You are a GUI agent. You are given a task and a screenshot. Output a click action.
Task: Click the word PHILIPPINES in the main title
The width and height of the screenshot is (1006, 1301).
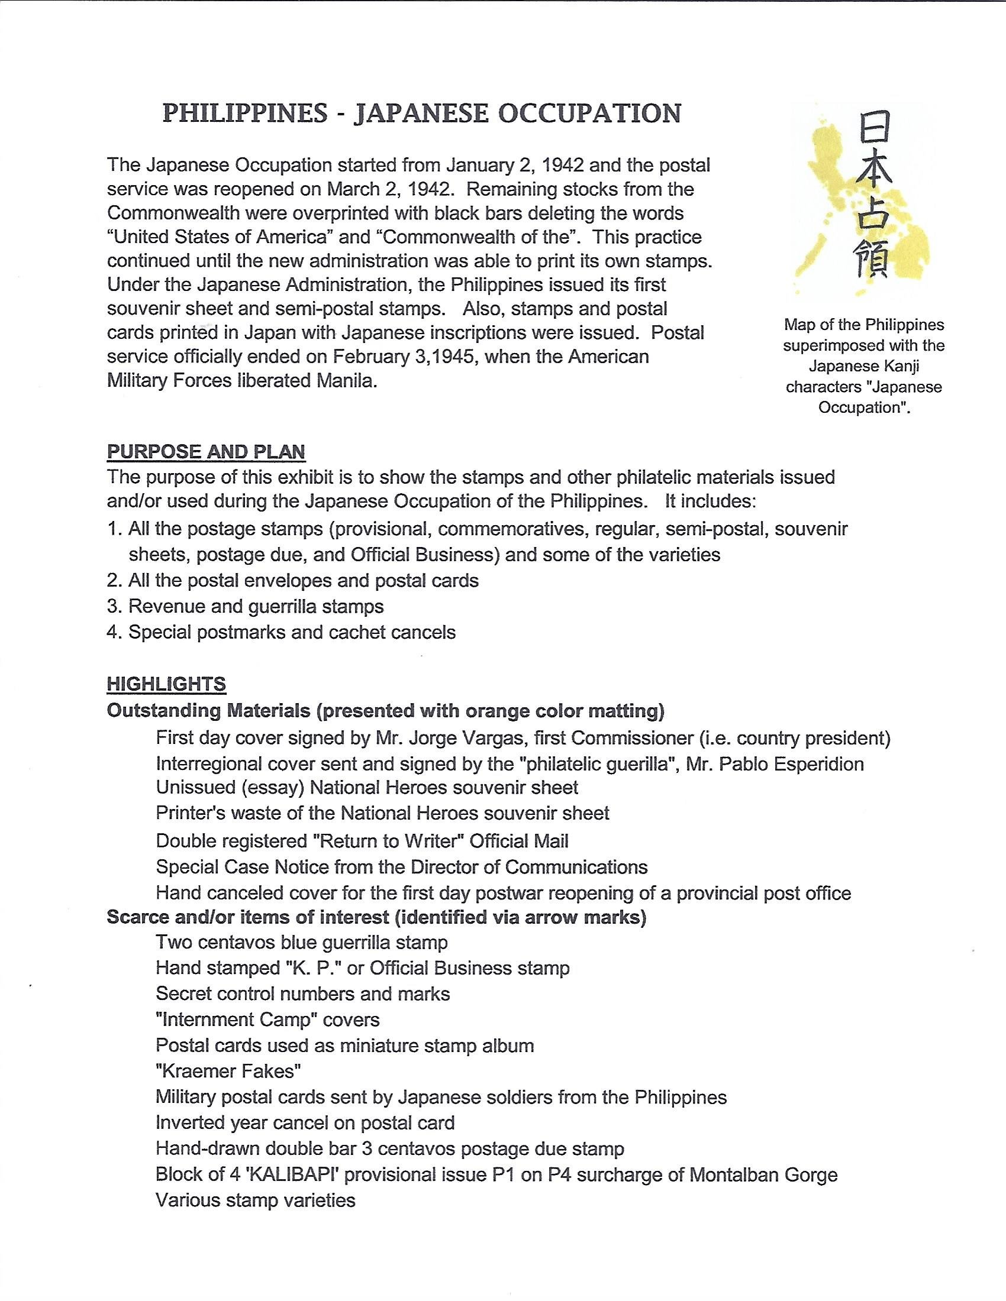(244, 113)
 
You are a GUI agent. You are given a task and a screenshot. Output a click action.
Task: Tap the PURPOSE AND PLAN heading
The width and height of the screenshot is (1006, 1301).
(205, 452)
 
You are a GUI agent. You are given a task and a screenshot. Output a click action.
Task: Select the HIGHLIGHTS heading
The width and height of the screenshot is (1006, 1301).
(166, 684)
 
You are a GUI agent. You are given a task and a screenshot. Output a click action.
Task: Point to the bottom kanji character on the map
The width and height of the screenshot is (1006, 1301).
(873, 260)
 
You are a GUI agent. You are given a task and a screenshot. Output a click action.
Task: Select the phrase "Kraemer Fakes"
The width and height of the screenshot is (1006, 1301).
(228, 1072)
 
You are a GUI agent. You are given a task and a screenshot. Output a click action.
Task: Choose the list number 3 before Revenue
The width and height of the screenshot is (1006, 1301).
(113, 606)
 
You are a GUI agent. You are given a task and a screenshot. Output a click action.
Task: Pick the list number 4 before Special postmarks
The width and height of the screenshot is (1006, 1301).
(113, 632)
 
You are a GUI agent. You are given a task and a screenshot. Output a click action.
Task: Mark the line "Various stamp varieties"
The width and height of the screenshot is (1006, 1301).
(256, 1200)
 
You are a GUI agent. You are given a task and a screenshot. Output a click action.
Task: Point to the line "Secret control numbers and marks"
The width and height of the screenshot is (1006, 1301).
(303, 993)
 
